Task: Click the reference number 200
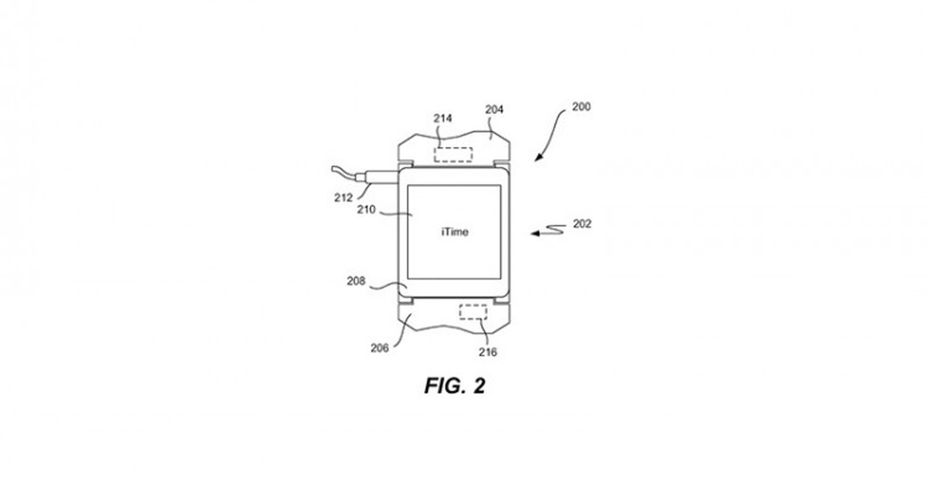pos(582,107)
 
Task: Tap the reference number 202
pos(582,224)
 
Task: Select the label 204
pos(494,109)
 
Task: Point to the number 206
pos(380,348)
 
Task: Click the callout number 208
pos(356,281)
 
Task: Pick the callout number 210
pos(367,210)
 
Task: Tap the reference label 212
pos(343,198)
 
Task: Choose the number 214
pos(442,119)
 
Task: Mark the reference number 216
pos(488,352)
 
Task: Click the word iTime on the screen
pos(455,232)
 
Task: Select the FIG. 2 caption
pos(455,386)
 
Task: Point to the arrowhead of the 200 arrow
pos(537,158)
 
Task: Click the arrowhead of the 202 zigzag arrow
pos(534,233)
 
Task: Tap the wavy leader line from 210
pos(396,213)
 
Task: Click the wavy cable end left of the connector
pos(343,171)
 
